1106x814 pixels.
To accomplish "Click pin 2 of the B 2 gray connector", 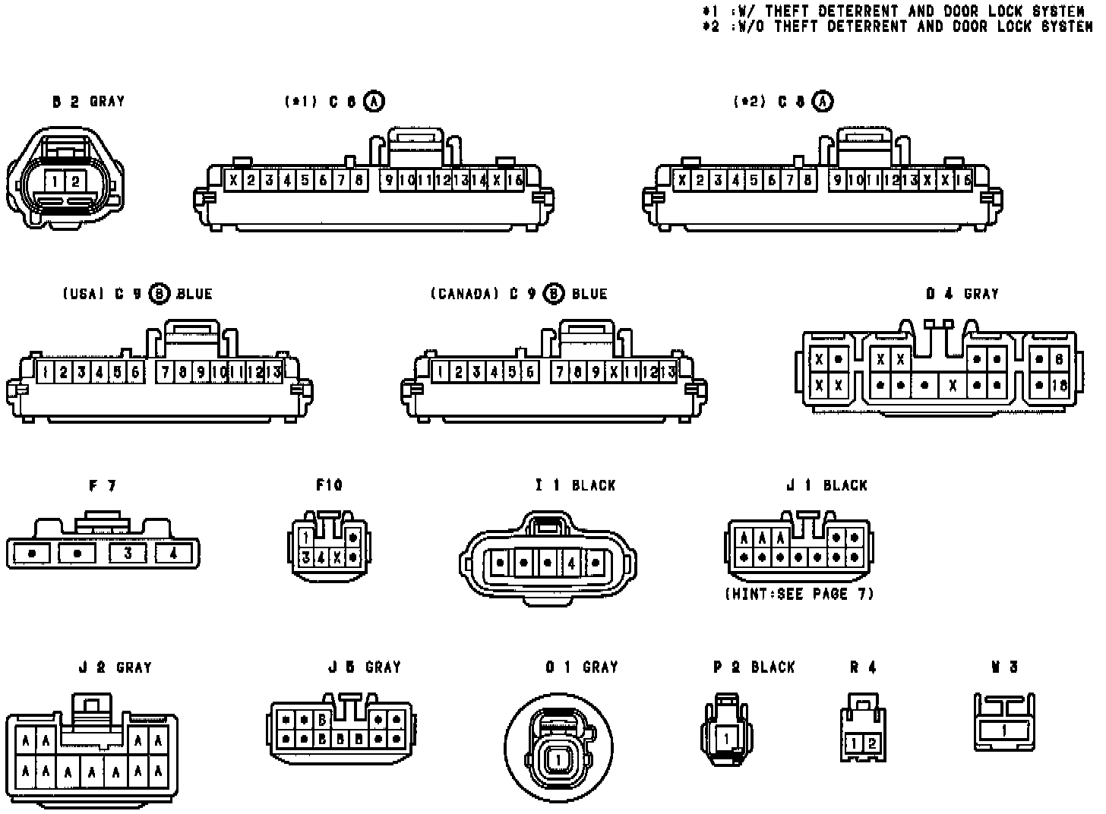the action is coord(75,181).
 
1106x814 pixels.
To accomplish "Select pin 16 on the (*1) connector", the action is coord(515,180).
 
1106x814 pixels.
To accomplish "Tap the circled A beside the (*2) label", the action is coord(823,101).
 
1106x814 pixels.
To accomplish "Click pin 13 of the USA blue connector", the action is coord(274,372).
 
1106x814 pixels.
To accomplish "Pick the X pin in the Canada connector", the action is coord(615,372).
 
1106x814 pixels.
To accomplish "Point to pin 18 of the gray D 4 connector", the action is coord(1060,385).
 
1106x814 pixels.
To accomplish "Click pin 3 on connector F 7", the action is coord(128,554).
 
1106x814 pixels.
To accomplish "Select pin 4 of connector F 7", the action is coord(174,554).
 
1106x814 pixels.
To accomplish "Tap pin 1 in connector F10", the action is coord(305,538).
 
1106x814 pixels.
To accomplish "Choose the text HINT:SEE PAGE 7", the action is coord(800,594).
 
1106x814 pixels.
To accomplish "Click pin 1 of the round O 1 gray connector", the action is coord(559,759).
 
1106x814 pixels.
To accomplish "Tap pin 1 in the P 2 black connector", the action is coord(726,737).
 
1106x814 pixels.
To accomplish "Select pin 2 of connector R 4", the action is coord(872,743).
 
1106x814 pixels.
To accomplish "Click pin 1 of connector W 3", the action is coord(1004,730).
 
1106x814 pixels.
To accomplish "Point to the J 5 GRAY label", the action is coord(365,667).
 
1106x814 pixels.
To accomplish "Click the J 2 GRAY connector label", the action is coord(115,667).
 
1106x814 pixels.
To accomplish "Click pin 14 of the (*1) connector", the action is coord(479,180).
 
